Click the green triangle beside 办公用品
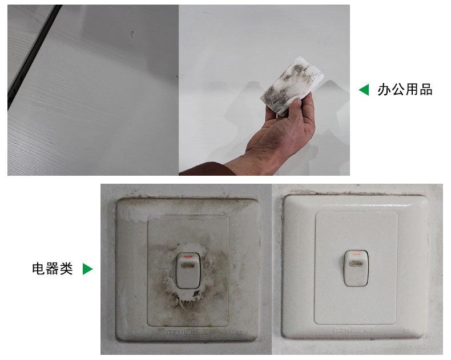(364, 90)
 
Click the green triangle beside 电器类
(87, 269)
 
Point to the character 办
(384, 90)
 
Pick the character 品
(426, 90)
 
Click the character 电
(38, 269)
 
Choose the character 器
(52, 269)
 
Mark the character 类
(66, 269)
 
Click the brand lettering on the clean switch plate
(354, 330)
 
